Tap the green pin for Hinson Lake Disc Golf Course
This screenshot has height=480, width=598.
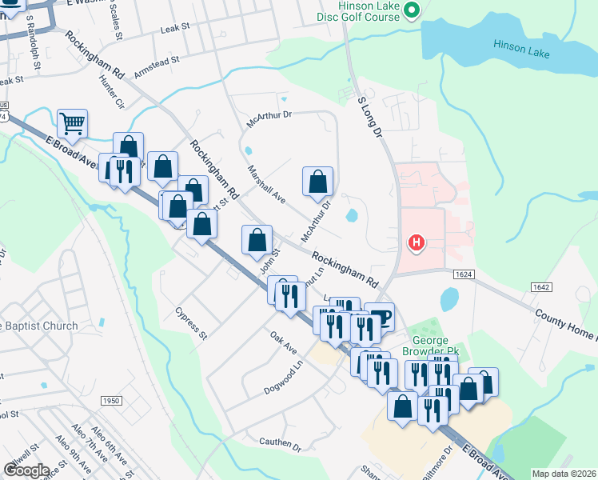coord(412,10)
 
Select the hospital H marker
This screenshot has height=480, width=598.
coord(416,242)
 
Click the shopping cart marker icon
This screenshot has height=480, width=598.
coord(72,122)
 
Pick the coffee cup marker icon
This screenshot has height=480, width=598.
coord(380,316)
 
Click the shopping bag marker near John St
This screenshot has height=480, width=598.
coord(257,238)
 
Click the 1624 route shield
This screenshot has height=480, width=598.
coord(464,274)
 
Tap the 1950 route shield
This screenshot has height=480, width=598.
coord(111,400)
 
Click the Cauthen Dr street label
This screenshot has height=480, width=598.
coord(279,441)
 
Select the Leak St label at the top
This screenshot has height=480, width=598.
coord(173,26)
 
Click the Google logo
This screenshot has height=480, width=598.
coord(26,470)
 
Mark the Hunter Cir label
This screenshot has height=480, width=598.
coord(110,92)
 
